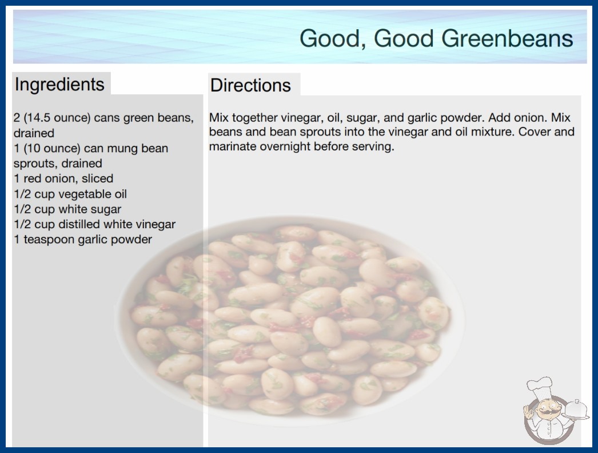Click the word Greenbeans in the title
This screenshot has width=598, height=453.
507,38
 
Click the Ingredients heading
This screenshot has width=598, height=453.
59,85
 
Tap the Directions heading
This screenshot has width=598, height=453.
250,85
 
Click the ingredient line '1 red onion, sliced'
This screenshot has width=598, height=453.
63,178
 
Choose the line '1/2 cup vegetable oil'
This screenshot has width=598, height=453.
70,194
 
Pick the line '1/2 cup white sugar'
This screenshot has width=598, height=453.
67,209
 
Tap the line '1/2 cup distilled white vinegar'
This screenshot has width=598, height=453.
94,224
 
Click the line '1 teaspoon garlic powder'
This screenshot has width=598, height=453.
83,240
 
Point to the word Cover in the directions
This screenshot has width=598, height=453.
535,132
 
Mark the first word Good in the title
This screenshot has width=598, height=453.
329,39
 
